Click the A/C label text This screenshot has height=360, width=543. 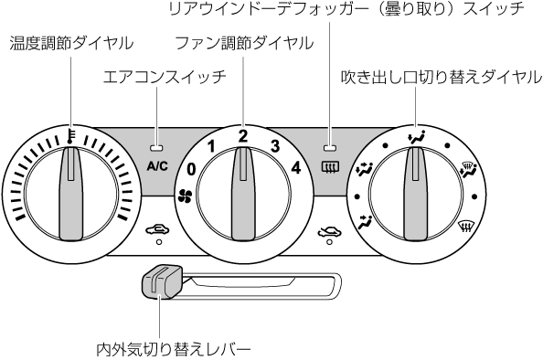tap(157, 166)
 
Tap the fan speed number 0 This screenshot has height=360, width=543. tap(191, 169)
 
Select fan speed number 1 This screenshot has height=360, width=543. tap(210, 147)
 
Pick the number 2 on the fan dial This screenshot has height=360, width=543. tap(243, 136)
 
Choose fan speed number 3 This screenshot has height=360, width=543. tap(275, 146)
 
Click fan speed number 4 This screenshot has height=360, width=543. tap(296, 168)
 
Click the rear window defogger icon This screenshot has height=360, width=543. tap(330, 167)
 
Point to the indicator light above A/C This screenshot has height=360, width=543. tap(156, 148)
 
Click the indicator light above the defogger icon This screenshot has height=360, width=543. tap(330, 148)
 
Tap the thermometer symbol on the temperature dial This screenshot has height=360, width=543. tap(70, 136)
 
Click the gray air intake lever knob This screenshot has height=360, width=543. tap(162, 282)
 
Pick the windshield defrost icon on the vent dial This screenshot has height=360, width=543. tap(466, 228)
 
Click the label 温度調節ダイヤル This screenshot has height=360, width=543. tap(71, 44)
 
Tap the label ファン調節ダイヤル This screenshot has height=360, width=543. tap(244, 43)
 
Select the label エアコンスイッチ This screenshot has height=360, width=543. tap(165, 77)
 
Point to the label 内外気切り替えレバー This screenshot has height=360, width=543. tap(173, 349)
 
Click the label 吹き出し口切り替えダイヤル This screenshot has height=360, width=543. tap(442, 77)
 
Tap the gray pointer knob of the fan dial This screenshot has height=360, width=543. tap(243, 193)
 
